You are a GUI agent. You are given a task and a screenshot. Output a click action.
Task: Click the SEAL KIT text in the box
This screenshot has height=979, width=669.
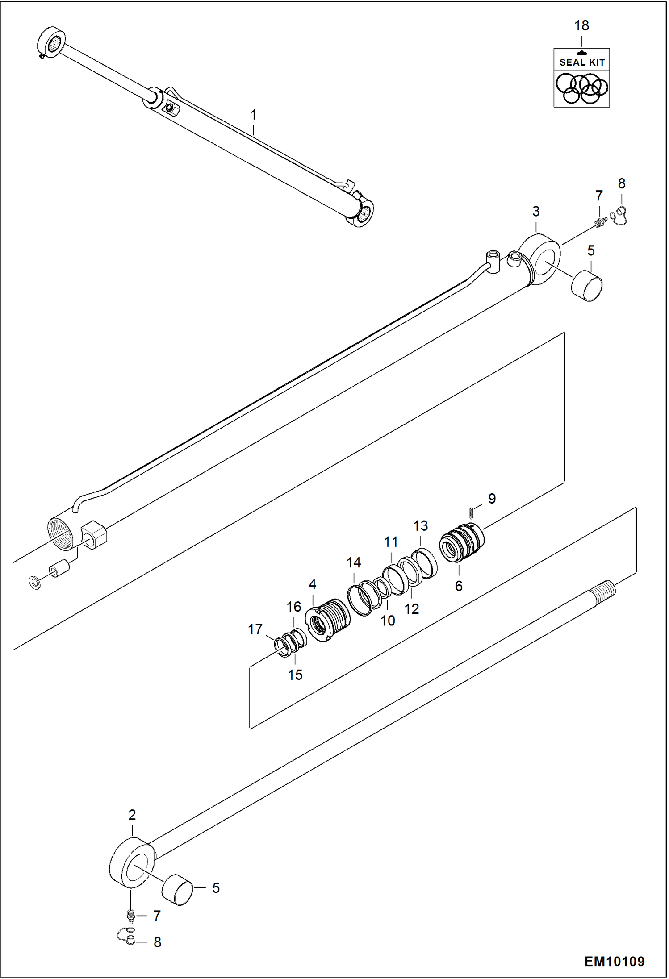581,62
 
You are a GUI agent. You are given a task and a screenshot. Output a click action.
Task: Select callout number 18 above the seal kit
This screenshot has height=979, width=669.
581,26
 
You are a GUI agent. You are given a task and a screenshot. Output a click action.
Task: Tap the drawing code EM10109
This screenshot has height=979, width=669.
614,961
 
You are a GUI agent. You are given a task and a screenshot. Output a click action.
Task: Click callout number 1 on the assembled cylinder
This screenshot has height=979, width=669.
253,115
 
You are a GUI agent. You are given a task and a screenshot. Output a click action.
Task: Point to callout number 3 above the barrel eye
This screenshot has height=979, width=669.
535,211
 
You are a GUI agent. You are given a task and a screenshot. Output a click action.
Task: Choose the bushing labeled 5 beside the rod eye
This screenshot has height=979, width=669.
177,889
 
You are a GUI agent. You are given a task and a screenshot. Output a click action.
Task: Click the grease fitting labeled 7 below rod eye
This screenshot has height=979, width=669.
131,916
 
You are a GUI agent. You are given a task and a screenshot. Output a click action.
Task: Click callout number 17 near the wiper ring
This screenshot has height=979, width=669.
255,629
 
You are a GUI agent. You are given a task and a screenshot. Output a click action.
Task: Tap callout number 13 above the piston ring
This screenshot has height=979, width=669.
420,526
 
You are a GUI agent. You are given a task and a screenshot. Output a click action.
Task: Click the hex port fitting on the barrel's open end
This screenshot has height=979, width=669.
94,534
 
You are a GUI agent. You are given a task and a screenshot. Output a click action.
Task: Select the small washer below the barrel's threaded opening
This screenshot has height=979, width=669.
34,582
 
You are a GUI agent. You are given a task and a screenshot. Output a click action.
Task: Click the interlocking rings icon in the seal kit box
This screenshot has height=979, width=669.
581,88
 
